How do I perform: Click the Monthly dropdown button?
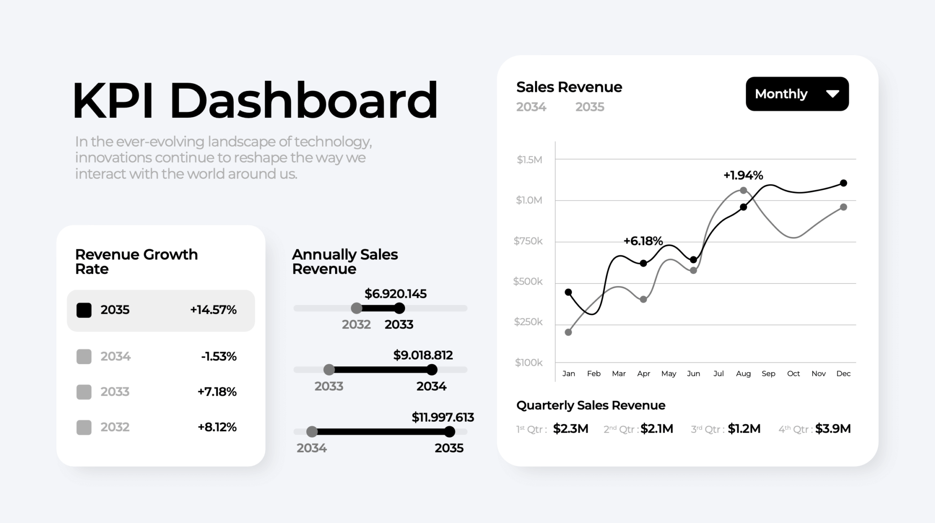point(797,94)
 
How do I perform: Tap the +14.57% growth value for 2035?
point(213,310)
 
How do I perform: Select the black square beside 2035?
point(84,310)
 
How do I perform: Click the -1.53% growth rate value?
point(219,356)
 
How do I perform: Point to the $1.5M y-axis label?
point(529,160)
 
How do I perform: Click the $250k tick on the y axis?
point(528,322)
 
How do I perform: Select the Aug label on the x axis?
point(743,374)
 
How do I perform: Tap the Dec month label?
point(843,374)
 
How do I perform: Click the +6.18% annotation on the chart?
point(643,241)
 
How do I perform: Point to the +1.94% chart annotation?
point(743,175)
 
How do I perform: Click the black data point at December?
point(843,183)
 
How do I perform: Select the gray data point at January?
point(568,332)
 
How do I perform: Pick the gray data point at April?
point(643,300)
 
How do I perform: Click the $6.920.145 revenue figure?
point(395,294)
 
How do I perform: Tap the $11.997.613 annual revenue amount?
point(442,417)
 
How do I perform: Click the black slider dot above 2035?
point(450,432)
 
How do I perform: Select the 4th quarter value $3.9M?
point(833,429)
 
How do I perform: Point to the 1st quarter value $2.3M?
point(570,429)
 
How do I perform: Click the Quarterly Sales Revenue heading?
point(590,405)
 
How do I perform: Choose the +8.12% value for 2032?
point(217,427)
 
